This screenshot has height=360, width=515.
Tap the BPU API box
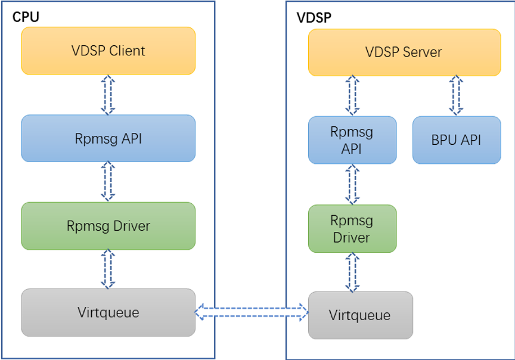coord(456,140)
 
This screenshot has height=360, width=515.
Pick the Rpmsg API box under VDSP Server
coord(352,140)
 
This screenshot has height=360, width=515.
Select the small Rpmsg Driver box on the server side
coord(352,229)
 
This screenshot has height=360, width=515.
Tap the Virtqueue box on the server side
coord(360,315)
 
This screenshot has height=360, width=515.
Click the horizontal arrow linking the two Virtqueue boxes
coord(252,311)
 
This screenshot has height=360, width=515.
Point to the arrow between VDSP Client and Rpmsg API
coord(108,95)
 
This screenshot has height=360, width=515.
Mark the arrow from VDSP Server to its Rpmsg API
coord(352,95)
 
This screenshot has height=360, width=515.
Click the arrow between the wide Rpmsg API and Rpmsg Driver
coord(108,182)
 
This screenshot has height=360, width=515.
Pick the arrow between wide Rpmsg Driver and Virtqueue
coord(108,269)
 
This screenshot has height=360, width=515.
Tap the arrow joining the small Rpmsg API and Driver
coord(352,184)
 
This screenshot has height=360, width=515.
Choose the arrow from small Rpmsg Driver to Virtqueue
coord(352,271)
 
